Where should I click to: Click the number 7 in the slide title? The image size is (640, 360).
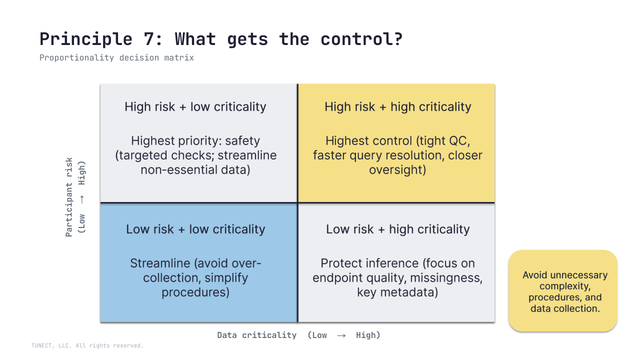click(x=149, y=39)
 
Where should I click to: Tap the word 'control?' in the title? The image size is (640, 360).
click(x=361, y=39)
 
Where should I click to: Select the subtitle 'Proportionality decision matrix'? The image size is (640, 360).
click(x=116, y=58)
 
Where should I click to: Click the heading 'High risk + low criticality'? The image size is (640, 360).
click(x=195, y=107)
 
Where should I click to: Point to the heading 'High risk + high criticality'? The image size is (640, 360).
click(x=397, y=107)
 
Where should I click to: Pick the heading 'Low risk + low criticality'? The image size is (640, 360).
click(x=195, y=229)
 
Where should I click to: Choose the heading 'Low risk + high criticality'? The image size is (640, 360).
click(x=397, y=229)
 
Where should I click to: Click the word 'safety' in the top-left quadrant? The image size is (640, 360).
click(x=242, y=141)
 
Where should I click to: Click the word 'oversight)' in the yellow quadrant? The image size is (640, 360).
click(x=397, y=169)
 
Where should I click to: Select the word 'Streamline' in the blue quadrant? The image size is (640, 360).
click(x=160, y=263)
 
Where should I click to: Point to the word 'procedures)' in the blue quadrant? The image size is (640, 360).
click(x=195, y=292)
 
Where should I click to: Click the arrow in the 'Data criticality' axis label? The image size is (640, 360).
click(x=341, y=335)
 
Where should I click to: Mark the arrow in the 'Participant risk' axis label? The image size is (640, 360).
click(x=82, y=199)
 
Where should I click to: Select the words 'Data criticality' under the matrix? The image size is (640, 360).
click(x=257, y=335)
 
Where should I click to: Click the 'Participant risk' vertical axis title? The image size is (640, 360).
click(x=69, y=197)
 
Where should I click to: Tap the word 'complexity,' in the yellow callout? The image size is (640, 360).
click(x=565, y=286)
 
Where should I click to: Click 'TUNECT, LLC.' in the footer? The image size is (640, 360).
click(x=50, y=345)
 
